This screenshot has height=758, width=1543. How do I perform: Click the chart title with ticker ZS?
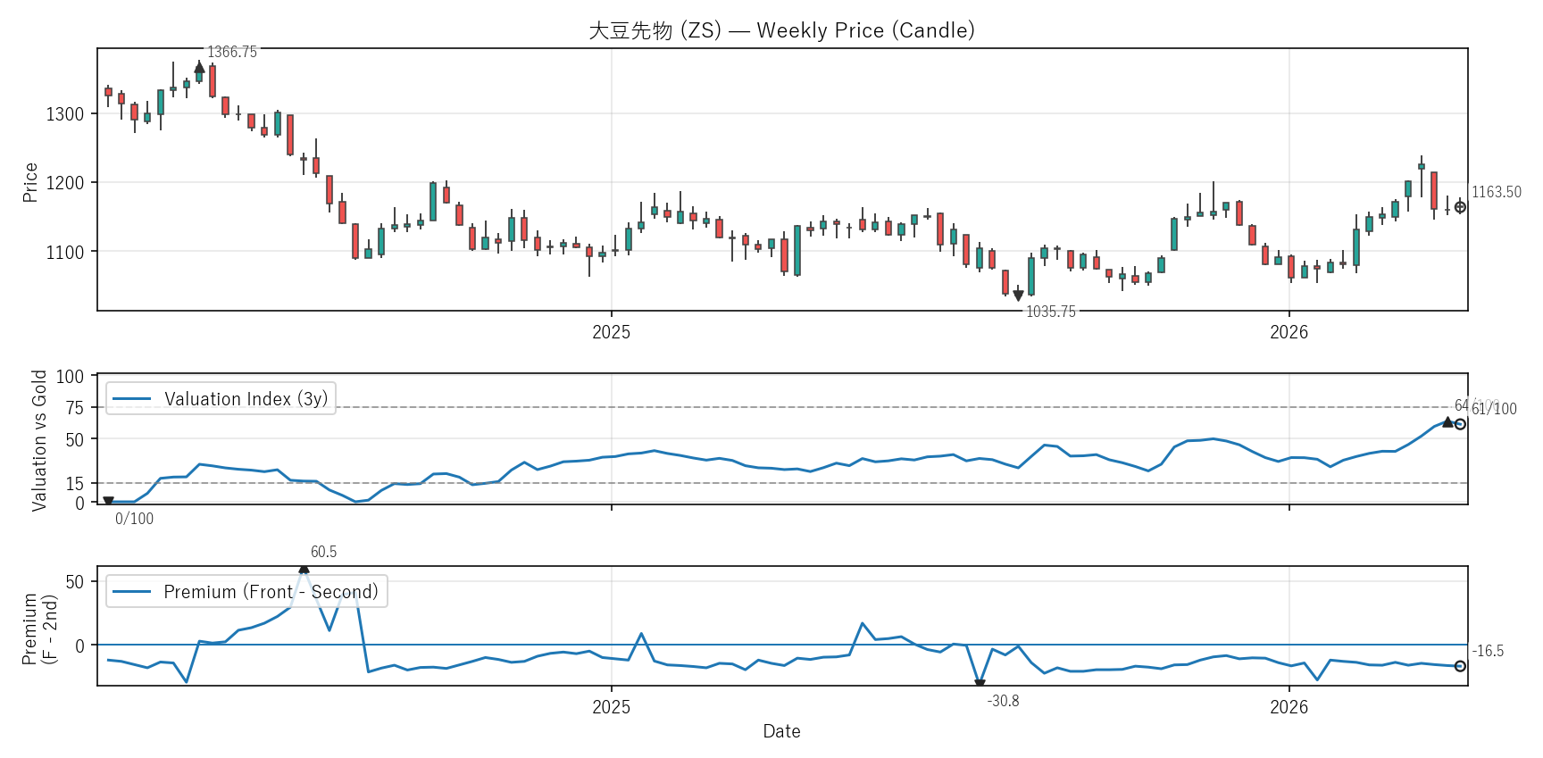click(781, 30)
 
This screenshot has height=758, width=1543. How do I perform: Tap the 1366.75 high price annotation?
click(232, 52)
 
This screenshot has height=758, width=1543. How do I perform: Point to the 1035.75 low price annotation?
click(1051, 312)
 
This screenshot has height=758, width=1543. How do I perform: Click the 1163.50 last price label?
click(1497, 192)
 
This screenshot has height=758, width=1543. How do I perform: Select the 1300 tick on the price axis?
click(65, 114)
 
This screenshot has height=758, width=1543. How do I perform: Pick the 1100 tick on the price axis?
click(65, 253)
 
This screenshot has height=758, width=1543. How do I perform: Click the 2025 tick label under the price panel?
click(612, 332)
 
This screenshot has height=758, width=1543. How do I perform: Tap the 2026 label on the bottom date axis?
click(1289, 707)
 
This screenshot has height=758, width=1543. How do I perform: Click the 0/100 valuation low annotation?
click(134, 519)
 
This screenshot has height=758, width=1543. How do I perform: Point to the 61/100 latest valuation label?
click(1495, 410)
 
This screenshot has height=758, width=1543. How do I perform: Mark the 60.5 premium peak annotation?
click(323, 552)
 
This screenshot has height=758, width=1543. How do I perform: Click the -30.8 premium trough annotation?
click(1003, 701)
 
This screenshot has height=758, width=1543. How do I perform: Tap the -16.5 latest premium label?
click(1489, 651)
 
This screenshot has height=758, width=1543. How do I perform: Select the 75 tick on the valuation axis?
click(75, 408)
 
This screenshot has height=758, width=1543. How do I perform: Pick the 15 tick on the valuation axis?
click(75, 484)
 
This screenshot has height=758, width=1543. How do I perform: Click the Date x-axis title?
click(781, 731)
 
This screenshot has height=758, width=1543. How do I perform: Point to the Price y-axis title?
click(30, 182)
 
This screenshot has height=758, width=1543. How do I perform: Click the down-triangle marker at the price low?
click(1018, 296)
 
